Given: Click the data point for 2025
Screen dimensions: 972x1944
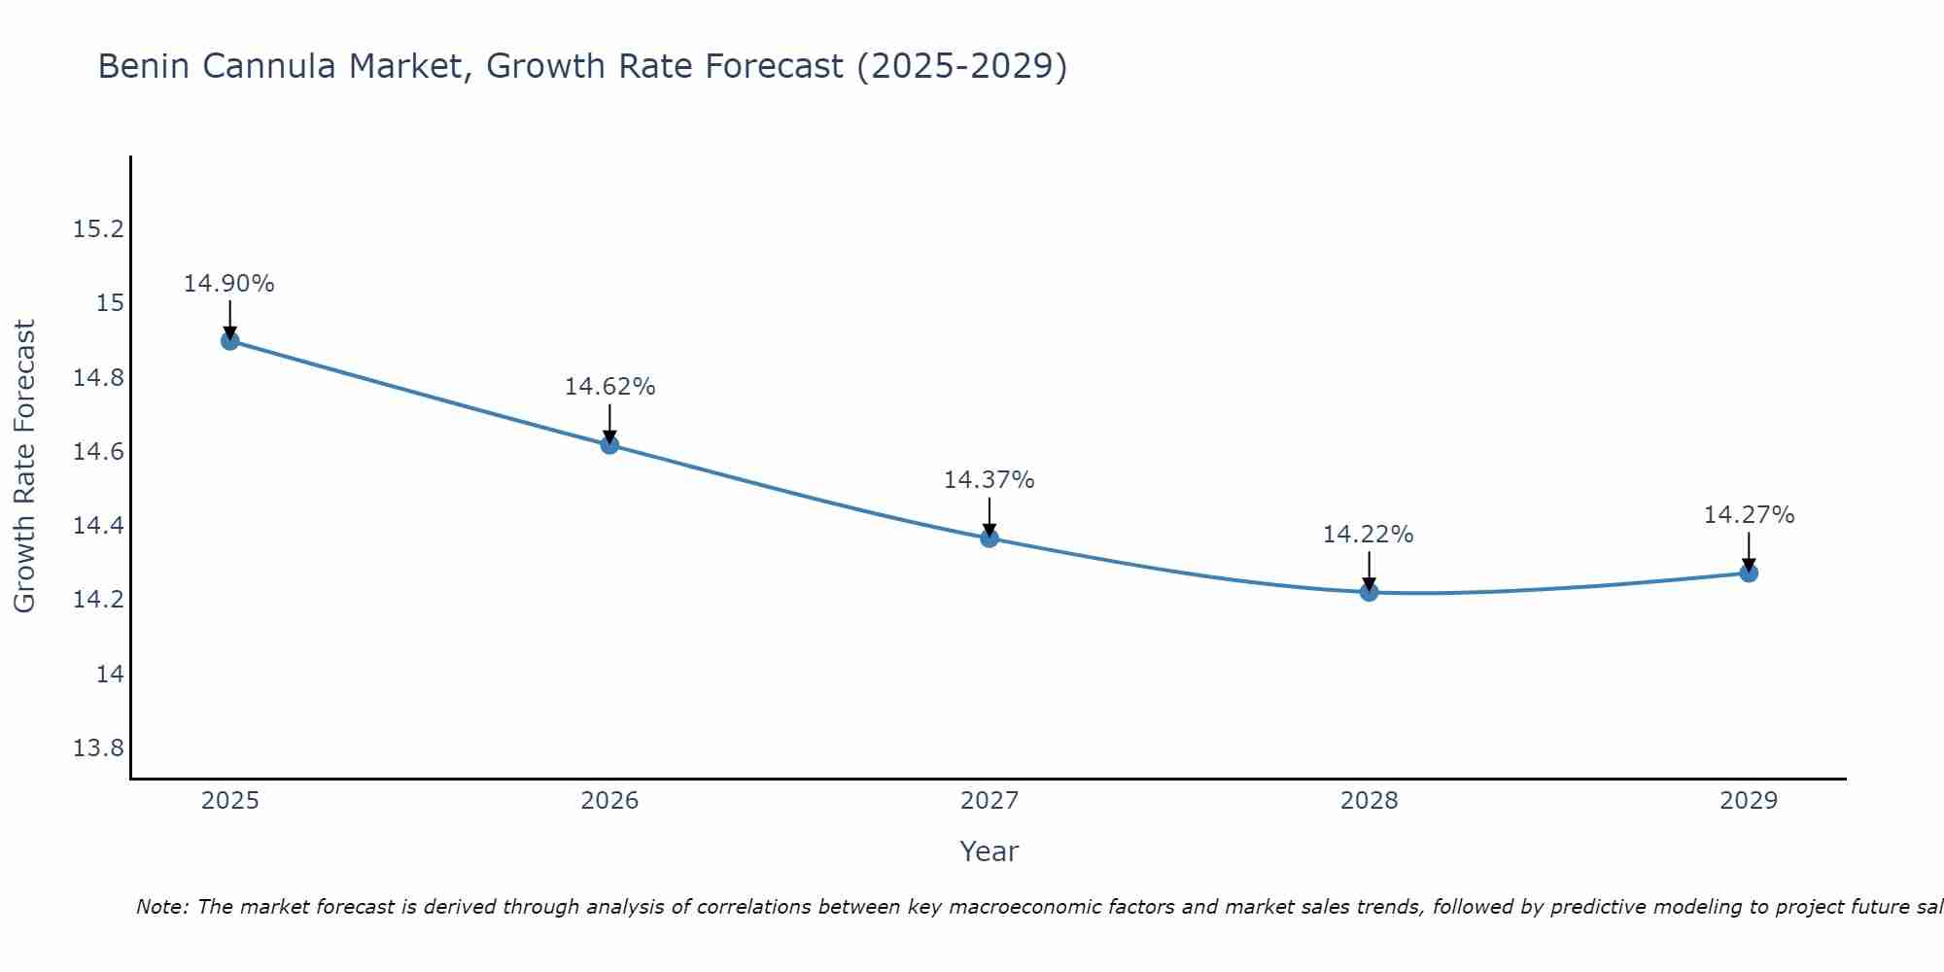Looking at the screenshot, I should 230,341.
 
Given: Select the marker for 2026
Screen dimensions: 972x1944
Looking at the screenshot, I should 609,445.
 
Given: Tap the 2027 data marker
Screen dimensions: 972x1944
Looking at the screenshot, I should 989,538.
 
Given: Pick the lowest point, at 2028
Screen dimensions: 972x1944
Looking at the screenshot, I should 1369,592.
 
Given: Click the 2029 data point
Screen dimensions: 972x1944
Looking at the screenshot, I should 1749,573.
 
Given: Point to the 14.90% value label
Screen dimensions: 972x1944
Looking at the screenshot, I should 229,284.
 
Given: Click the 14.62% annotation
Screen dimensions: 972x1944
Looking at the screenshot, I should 609,387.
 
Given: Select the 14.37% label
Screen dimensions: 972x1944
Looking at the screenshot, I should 989,480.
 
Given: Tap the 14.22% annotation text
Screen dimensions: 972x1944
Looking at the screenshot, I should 1368,535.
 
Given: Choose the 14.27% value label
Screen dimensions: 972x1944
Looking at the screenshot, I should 1749,515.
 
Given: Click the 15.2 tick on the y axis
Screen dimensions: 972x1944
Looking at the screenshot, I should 99,229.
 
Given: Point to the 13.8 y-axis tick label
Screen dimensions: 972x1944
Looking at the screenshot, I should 99,748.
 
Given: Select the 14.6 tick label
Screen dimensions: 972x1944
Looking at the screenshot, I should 99,452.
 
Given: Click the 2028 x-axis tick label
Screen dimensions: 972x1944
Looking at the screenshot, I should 1369,801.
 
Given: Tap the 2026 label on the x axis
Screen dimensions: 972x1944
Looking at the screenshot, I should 609,801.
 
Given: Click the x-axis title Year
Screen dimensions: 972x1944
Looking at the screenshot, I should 989,851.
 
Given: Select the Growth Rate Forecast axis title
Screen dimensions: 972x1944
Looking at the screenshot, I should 24,467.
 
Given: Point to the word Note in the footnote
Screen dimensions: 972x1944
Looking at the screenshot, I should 161,907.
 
